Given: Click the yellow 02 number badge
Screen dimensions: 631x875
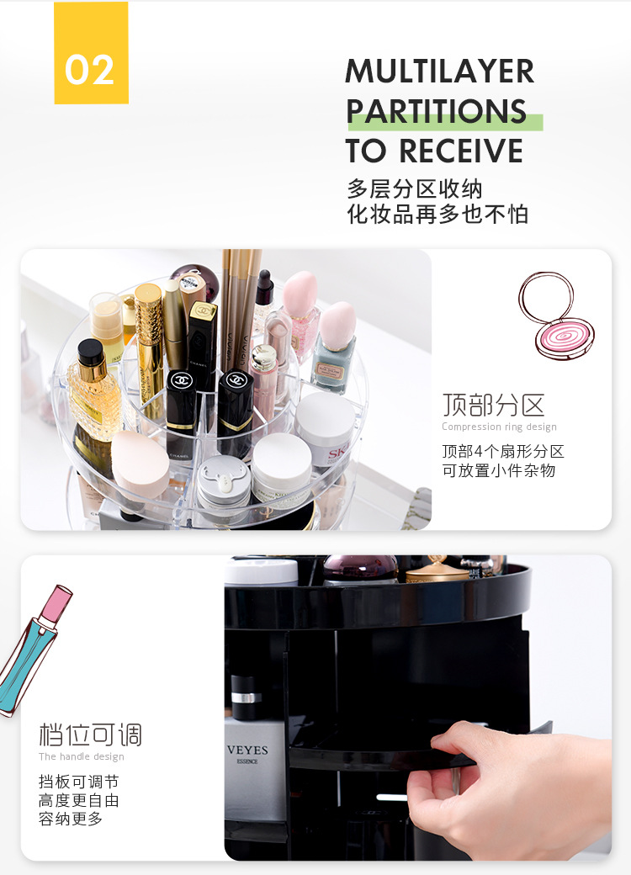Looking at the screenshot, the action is click(x=92, y=53).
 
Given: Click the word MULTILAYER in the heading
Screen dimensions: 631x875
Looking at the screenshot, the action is click(x=440, y=72).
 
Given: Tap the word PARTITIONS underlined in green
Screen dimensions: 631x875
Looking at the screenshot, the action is click(x=437, y=111).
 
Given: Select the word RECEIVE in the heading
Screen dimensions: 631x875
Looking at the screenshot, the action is click(x=461, y=151).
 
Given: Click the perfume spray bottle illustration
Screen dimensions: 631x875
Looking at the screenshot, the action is click(x=34, y=650).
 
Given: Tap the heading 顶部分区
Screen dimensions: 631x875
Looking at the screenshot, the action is click(x=493, y=406).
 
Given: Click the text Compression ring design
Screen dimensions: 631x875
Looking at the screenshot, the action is click(x=500, y=427).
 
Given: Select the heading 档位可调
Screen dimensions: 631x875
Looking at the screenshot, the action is click(x=90, y=734).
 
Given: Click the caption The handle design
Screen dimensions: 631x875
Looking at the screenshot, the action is click(x=82, y=756).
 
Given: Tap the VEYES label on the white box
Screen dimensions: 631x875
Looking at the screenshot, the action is click(x=247, y=750).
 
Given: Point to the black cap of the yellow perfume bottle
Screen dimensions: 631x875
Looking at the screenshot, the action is click(x=90, y=353).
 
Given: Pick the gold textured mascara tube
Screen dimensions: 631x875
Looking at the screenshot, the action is click(x=149, y=341).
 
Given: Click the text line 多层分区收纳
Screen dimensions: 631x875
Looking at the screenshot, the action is click(x=415, y=189).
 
